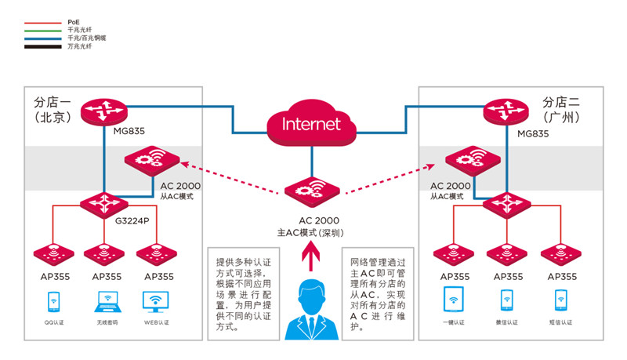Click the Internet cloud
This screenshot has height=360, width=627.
click(312, 123)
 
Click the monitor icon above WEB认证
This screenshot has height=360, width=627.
click(155, 301)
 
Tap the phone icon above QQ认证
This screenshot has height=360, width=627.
click(53, 301)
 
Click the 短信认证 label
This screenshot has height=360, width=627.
click(561, 323)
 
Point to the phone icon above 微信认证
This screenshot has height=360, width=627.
click(507, 301)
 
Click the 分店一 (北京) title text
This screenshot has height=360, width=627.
click(53, 109)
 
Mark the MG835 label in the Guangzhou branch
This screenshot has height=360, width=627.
click(533, 133)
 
